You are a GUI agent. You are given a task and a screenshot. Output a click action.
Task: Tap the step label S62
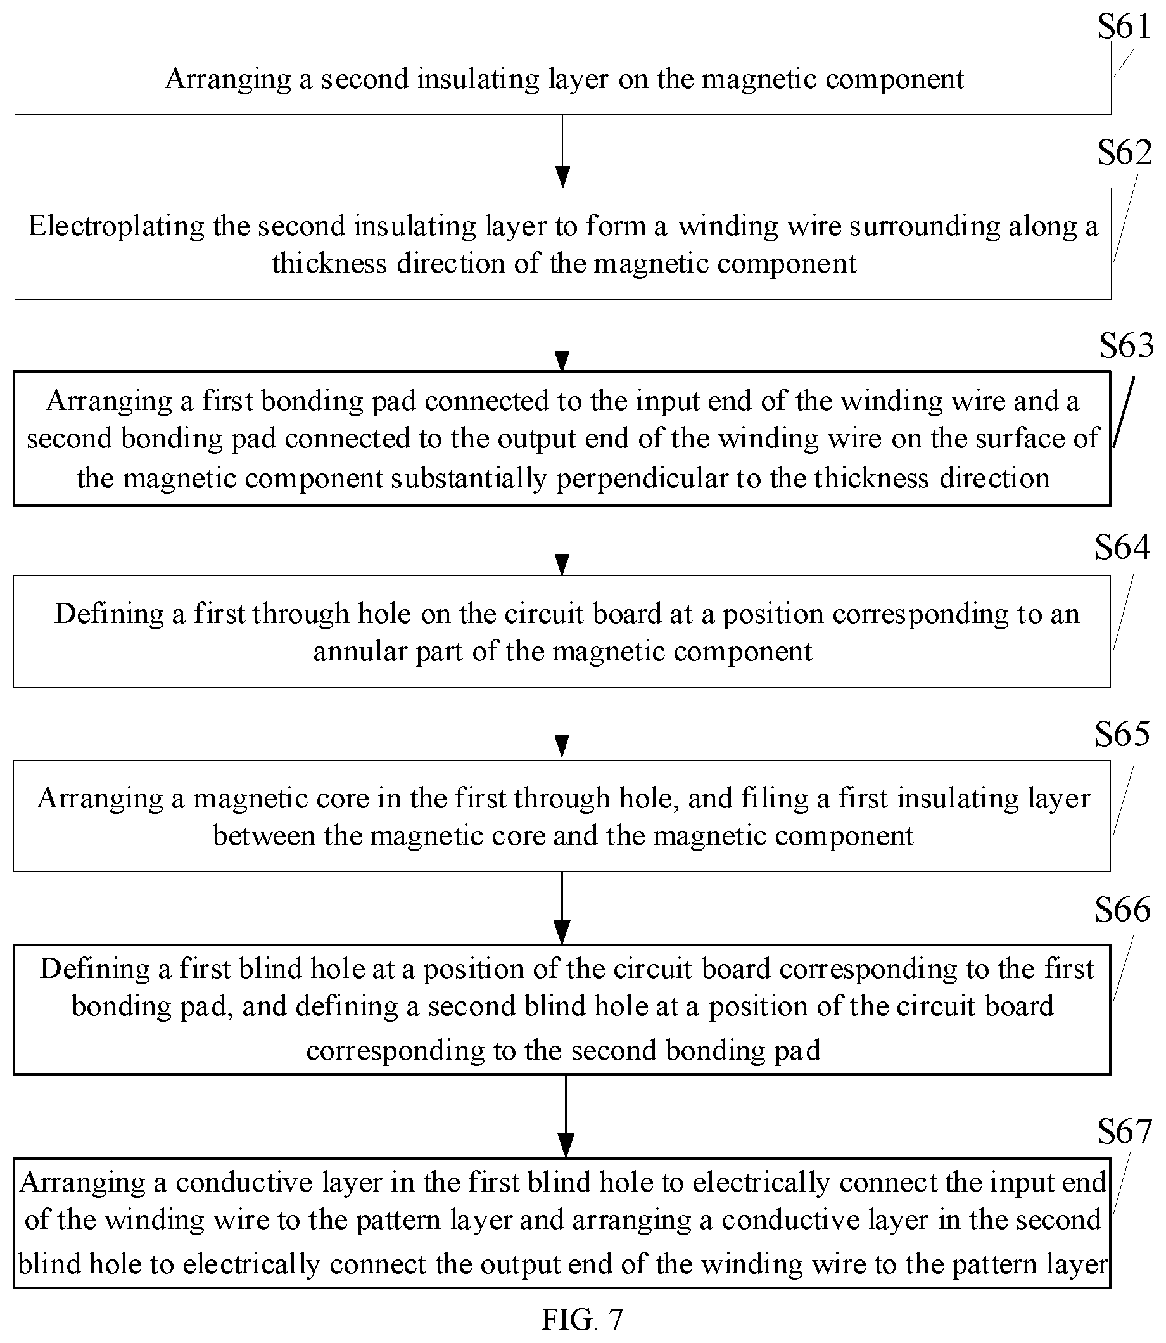click(x=1124, y=152)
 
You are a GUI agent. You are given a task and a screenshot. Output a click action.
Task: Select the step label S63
click(x=1126, y=345)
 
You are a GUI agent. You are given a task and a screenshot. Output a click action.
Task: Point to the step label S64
click(x=1122, y=546)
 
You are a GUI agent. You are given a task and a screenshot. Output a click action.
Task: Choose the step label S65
click(x=1122, y=734)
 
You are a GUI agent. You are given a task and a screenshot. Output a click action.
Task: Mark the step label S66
click(x=1122, y=909)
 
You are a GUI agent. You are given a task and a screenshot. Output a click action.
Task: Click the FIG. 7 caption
click(x=581, y=1320)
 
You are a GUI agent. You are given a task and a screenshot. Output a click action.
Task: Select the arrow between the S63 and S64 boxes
click(x=562, y=541)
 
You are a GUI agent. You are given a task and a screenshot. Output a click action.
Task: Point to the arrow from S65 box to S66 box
click(x=562, y=908)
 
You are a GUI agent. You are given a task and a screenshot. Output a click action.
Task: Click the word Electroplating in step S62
click(x=116, y=226)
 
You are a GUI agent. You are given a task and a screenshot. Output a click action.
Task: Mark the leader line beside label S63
click(x=1123, y=411)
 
